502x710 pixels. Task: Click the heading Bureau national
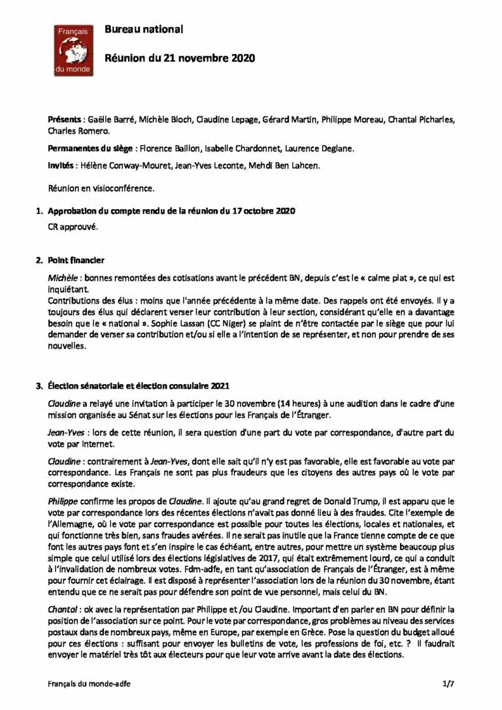click(144, 29)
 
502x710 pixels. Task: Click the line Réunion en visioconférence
click(101, 188)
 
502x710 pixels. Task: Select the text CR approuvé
click(73, 227)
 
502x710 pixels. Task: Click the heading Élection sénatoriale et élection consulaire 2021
click(139, 385)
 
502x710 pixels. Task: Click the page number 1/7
click(448, 683)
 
